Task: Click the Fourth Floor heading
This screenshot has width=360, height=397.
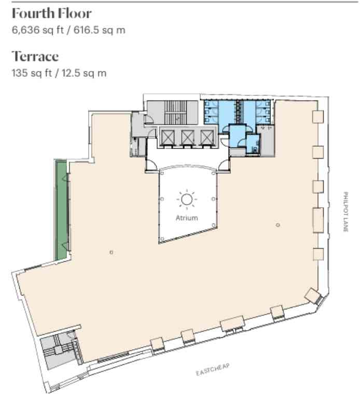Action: point(52,13)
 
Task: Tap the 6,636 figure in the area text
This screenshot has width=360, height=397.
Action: point(26,31)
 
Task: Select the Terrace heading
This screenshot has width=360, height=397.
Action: point(35,56)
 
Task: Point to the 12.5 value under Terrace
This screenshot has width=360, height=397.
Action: point(71,73)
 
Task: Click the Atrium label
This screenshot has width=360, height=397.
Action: point(187,218)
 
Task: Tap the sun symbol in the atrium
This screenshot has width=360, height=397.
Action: point(187,200)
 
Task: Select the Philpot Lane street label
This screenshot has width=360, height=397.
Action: point(346,211)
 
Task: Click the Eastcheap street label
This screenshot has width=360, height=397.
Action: point(213,370)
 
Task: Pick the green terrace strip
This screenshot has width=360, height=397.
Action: point(61,210)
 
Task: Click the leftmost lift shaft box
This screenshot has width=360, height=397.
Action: point(168,137)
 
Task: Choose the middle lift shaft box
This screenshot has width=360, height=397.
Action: point(188,137)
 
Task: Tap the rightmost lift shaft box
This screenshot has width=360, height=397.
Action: point(207,137)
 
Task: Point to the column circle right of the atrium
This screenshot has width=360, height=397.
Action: point(278,225)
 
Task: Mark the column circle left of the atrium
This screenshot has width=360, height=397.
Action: point(111,252)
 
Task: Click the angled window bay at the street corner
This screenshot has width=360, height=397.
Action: point(313,296)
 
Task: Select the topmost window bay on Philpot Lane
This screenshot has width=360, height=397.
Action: point(318,117)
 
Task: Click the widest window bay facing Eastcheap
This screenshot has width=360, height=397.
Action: point(232,323)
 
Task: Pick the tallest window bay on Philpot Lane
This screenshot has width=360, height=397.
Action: point(318,220)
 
